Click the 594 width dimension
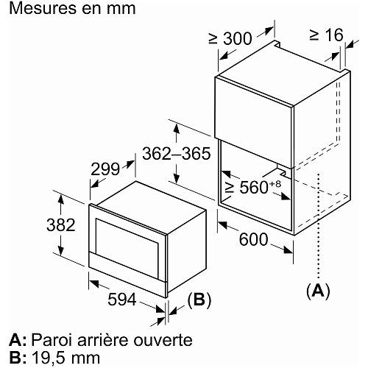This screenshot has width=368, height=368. tap(122, 299)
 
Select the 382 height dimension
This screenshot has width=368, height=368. tap(61, 224)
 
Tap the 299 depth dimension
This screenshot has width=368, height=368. tap(105, 169)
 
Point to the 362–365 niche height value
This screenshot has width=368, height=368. tap(177, 154)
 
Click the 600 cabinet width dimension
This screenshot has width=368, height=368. tap(253, 239)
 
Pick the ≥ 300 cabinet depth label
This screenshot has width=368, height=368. tap(230, 38)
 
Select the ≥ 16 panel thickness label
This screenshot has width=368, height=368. tap(326, 35)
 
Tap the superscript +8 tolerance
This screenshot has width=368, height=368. tap(275, 183)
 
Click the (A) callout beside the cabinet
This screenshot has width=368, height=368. tap(318, 291)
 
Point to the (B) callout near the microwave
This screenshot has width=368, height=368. tap(199, 300)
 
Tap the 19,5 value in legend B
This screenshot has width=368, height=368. tap(46, 358)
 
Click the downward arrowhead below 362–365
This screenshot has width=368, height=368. tap(177, 177)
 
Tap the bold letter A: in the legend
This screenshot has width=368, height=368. tap(18, 340)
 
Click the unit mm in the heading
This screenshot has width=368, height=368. tap(121, 10)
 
